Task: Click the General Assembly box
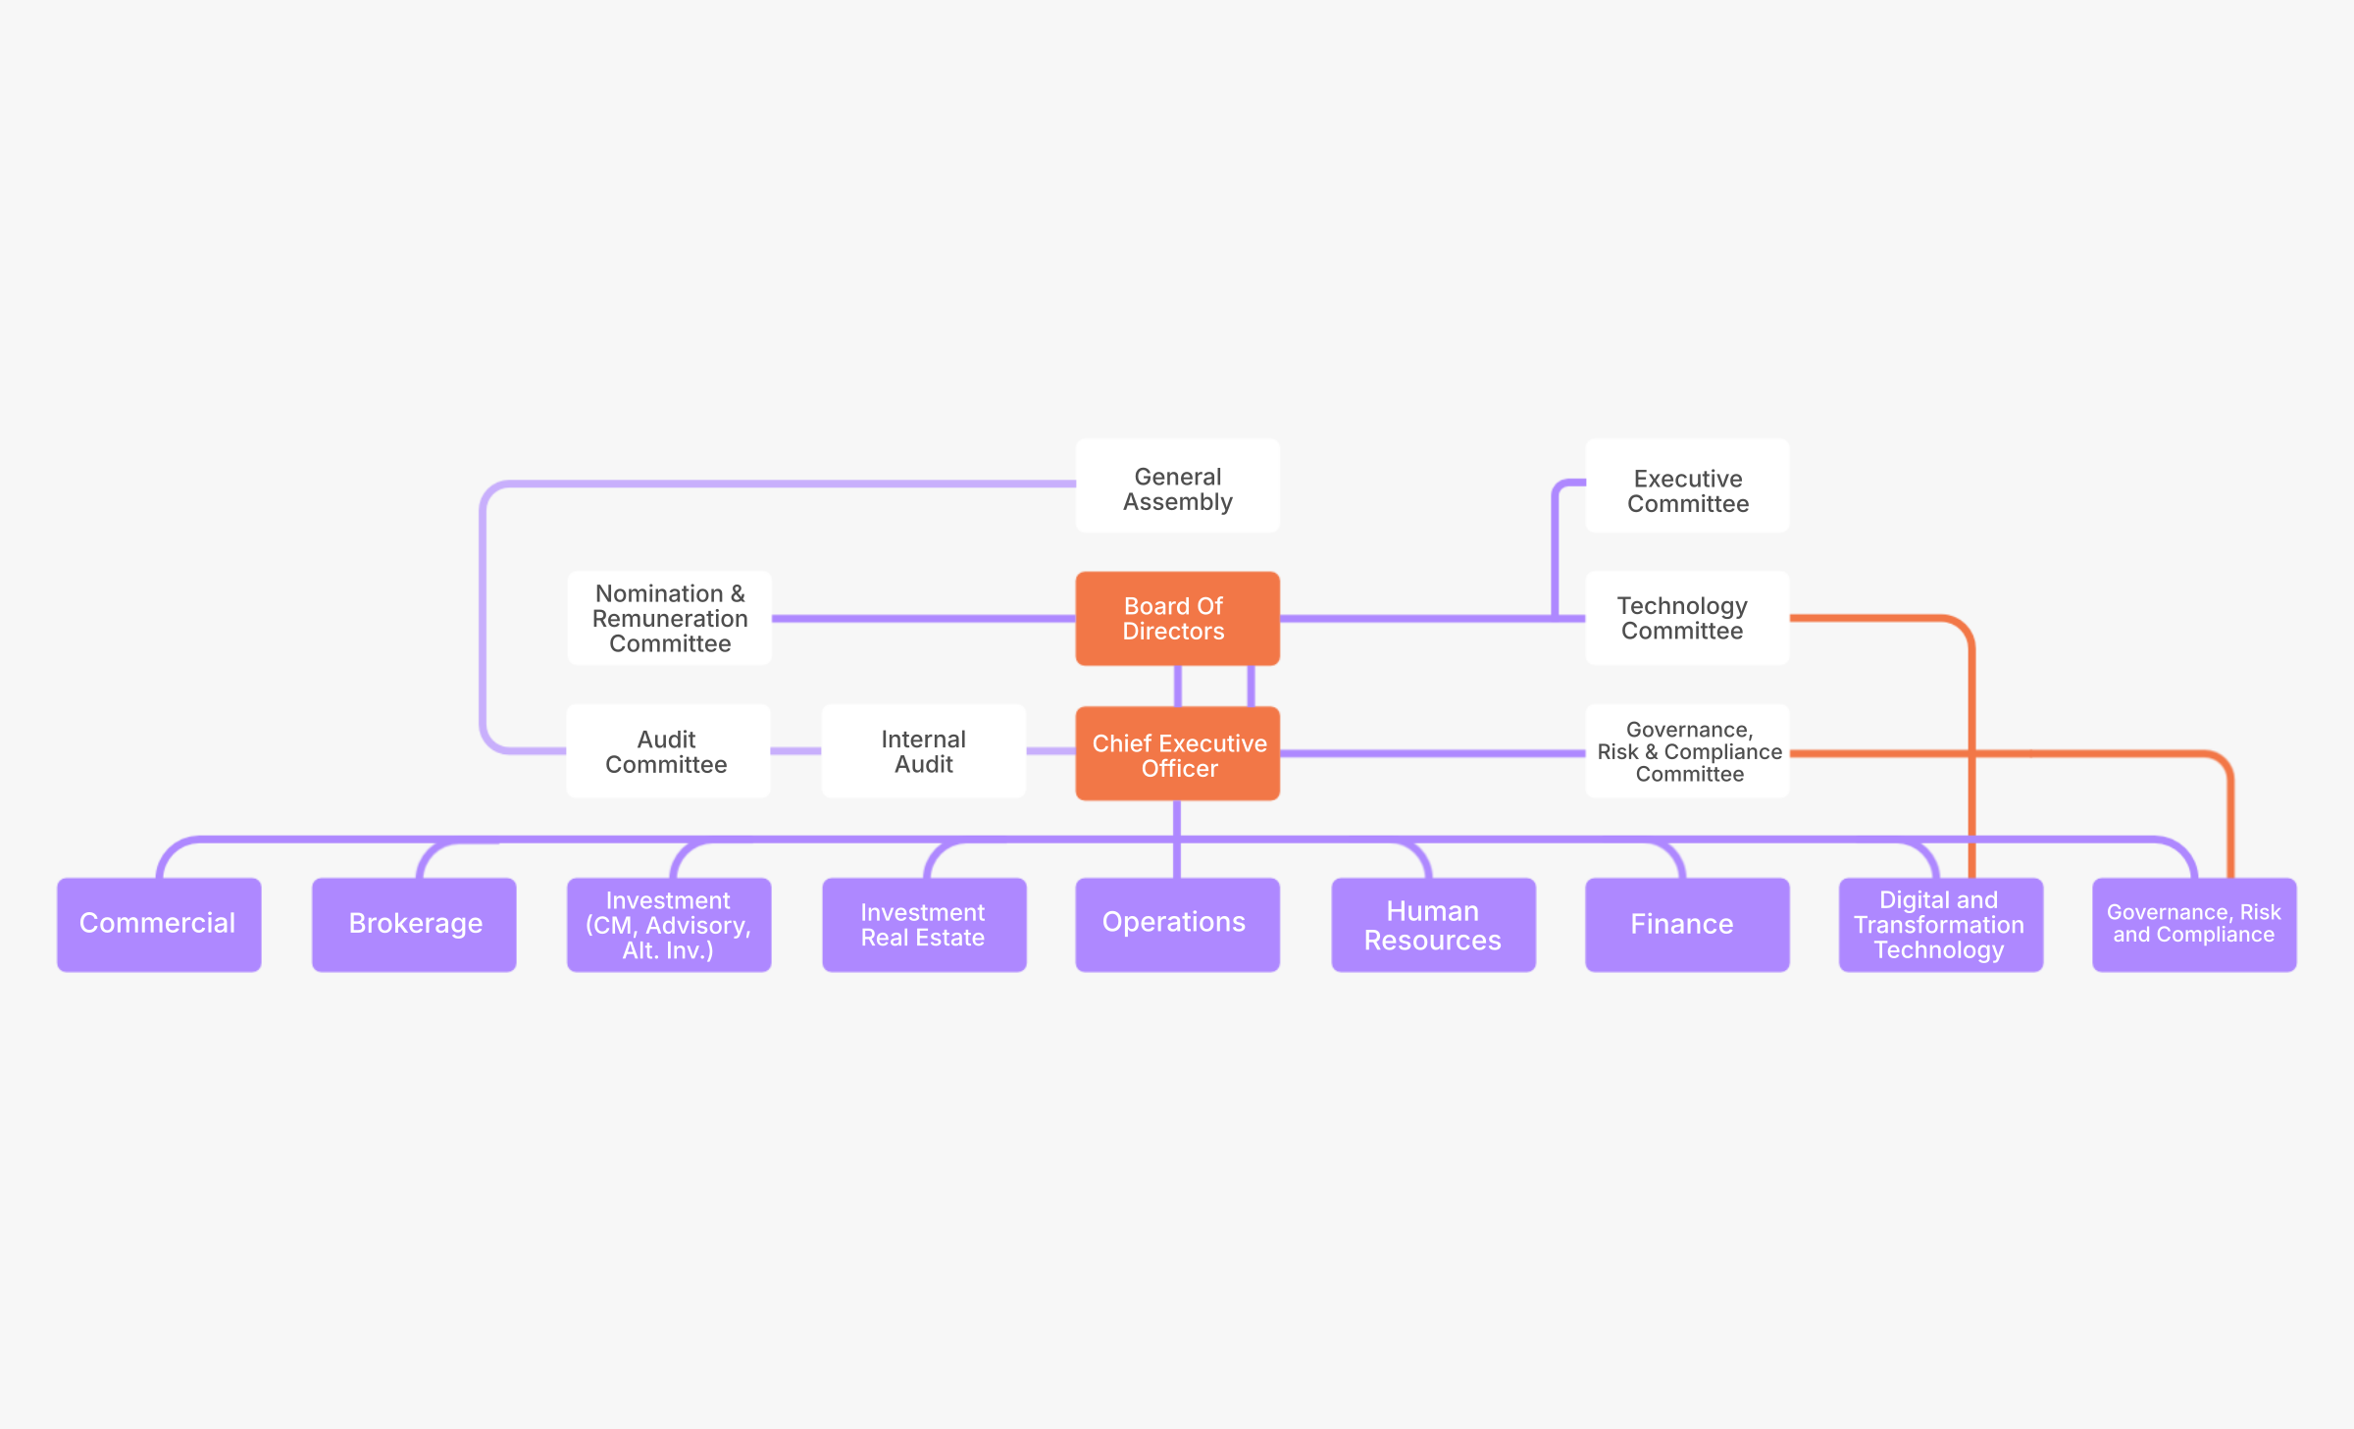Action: coord(1177,486)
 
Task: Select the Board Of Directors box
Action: coord(1177,618)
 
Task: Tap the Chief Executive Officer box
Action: coord(1177,753)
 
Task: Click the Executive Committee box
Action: coord(1687,486)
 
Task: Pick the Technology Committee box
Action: coord(1687,618)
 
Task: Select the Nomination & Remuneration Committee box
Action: coord(670,618)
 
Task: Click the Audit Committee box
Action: coord(668,751)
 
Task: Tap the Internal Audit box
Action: coord(923,751)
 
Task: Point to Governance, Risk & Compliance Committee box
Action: coord(1687,751)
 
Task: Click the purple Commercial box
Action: coord(159,924)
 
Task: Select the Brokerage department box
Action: coord(414,924)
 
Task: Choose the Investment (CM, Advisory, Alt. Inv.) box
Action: coord(669,924)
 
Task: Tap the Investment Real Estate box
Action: coord(924,924)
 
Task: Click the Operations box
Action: coord(1177,924)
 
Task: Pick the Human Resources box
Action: coord(1433,924)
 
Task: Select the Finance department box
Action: coord(1687,924)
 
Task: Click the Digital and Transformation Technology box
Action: coord(1940,924)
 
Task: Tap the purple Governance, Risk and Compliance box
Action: coord(2194,924)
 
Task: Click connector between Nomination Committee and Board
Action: coord(922,619)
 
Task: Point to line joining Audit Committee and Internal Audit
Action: coord(795,751)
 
